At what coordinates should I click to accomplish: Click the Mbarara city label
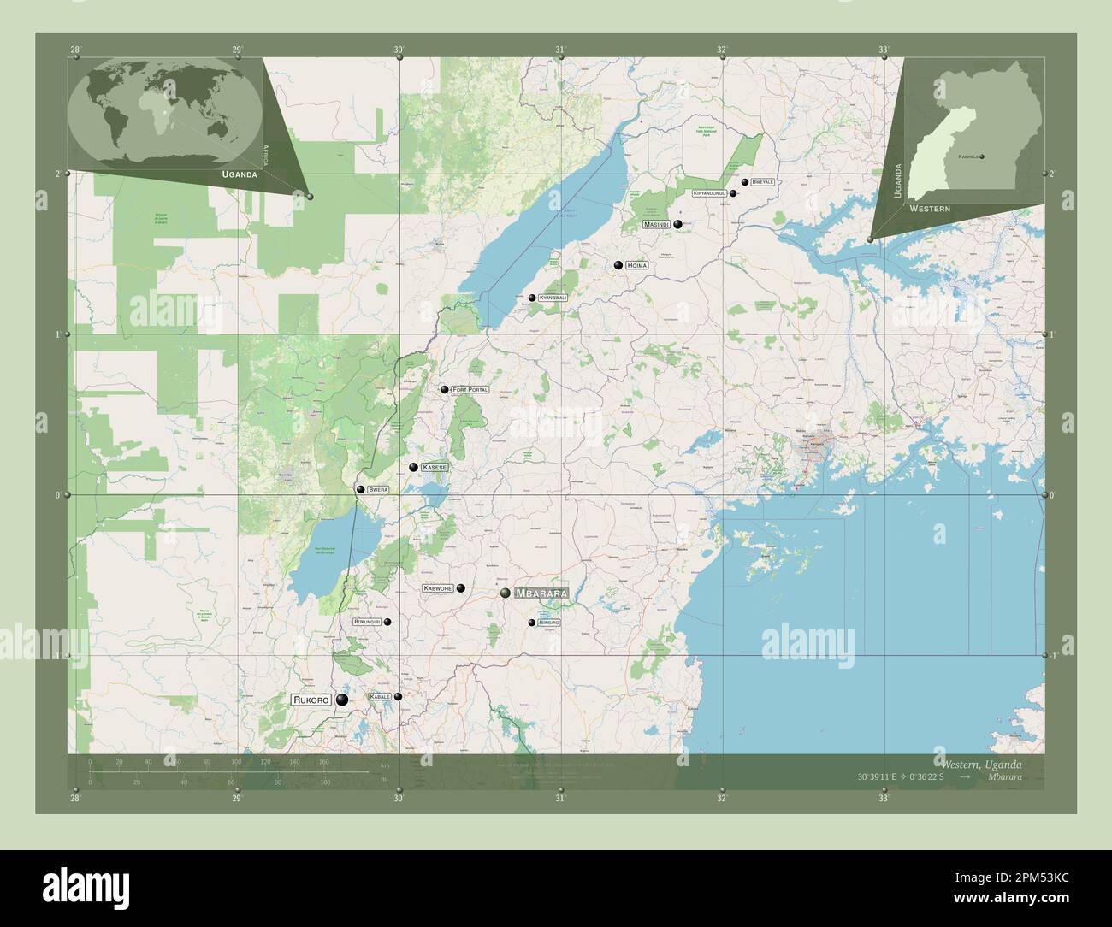(x=541, y=593)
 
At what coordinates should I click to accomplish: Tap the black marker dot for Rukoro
(x=342, y=700)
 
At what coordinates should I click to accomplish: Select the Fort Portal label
(x=470, y=390)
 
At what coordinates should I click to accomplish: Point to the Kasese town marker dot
(x=414, y=468)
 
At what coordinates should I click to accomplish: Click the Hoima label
(x=637, y=266)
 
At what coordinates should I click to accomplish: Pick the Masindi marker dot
(x=677, y=225)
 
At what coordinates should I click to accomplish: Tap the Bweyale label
(x=763, y=182)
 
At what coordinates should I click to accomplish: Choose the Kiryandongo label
(x=710, y=194)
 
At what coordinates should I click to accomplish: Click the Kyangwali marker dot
(x=532, y=298)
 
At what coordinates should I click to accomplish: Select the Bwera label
(x=378, y=489)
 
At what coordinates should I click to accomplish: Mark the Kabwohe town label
(x=438, y=588)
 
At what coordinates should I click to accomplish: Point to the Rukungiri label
(x=367, y=622)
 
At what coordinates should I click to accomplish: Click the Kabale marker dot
(x=398, y=696)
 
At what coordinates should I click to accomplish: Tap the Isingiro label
(x=549, y=623)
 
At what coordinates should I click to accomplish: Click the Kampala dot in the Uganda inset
(x=982, y=156)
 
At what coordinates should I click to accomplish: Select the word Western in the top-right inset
(x=930, y=209)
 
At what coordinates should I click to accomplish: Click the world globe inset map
(x=165, y=114)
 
